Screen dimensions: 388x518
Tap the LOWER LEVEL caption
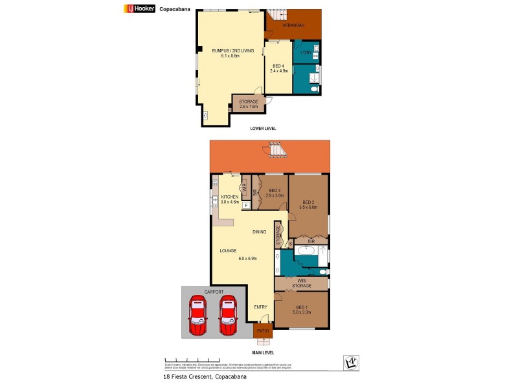click(x=263, y=129)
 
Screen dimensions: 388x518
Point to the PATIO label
click(x=262, y=331)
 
